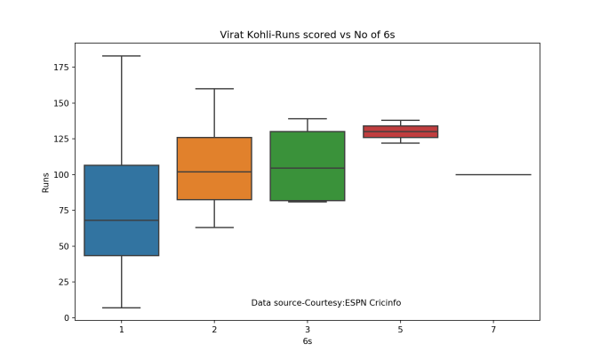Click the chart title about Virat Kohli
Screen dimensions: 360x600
[x=307, y=35]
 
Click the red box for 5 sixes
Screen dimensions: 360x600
[x=400, y=132]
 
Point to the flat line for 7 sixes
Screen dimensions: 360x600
[x=493, y=174]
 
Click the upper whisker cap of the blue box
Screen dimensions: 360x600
[x=121, y=56]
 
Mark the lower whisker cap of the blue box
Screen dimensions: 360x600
[x=121, y=308]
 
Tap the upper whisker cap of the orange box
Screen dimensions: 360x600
[x=214, y=89]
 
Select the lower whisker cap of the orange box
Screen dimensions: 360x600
[x=214, y=228]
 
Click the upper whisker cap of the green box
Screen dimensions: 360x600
[x=307, y=118]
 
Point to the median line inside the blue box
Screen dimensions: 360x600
[x=121, y=220]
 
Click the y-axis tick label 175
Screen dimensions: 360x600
[x=60, y=68]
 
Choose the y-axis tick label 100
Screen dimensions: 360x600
[x=60, y=174]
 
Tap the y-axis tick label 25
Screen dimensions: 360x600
[x=62, y=282]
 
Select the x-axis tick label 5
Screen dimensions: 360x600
[x=400, y=329]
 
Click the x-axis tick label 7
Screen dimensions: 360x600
[x=493, y=329]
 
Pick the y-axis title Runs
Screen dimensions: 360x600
[x=45, y=183]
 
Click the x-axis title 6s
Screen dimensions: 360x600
[x=307, y=341]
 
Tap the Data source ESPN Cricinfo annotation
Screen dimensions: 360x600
[x=325, y=303]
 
